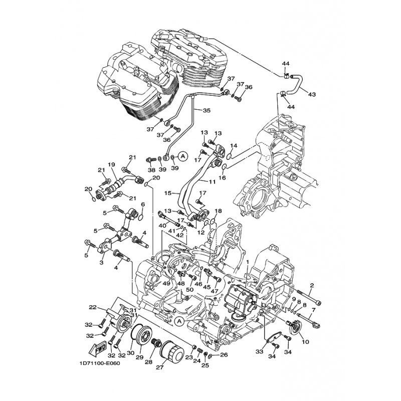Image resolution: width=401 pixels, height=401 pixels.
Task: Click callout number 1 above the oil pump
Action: (x=247, y=263)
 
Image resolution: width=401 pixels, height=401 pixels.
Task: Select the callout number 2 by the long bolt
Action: (x=311, y=286)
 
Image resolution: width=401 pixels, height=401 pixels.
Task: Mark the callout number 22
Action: (x=93, y=307)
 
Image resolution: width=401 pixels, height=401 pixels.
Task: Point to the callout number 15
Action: (x=168, y=193)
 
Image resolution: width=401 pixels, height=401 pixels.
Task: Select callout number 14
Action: (x=233, y=146)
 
